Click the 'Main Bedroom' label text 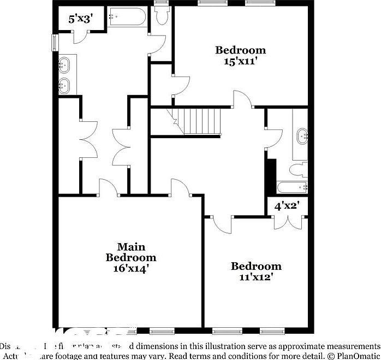coord(131,252)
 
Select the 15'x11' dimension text coord(241,61)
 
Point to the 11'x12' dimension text coord(256,277)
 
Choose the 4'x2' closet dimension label coord(287,206)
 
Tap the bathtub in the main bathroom coord(127,17)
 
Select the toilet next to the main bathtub coord(160,16)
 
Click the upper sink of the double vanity coord(65,66)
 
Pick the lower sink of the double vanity coord(65,85)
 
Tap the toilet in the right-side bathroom coord(298,169)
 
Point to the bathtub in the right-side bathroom coord(293,188)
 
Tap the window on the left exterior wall coord(55,43)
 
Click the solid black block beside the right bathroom coord(270,176)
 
